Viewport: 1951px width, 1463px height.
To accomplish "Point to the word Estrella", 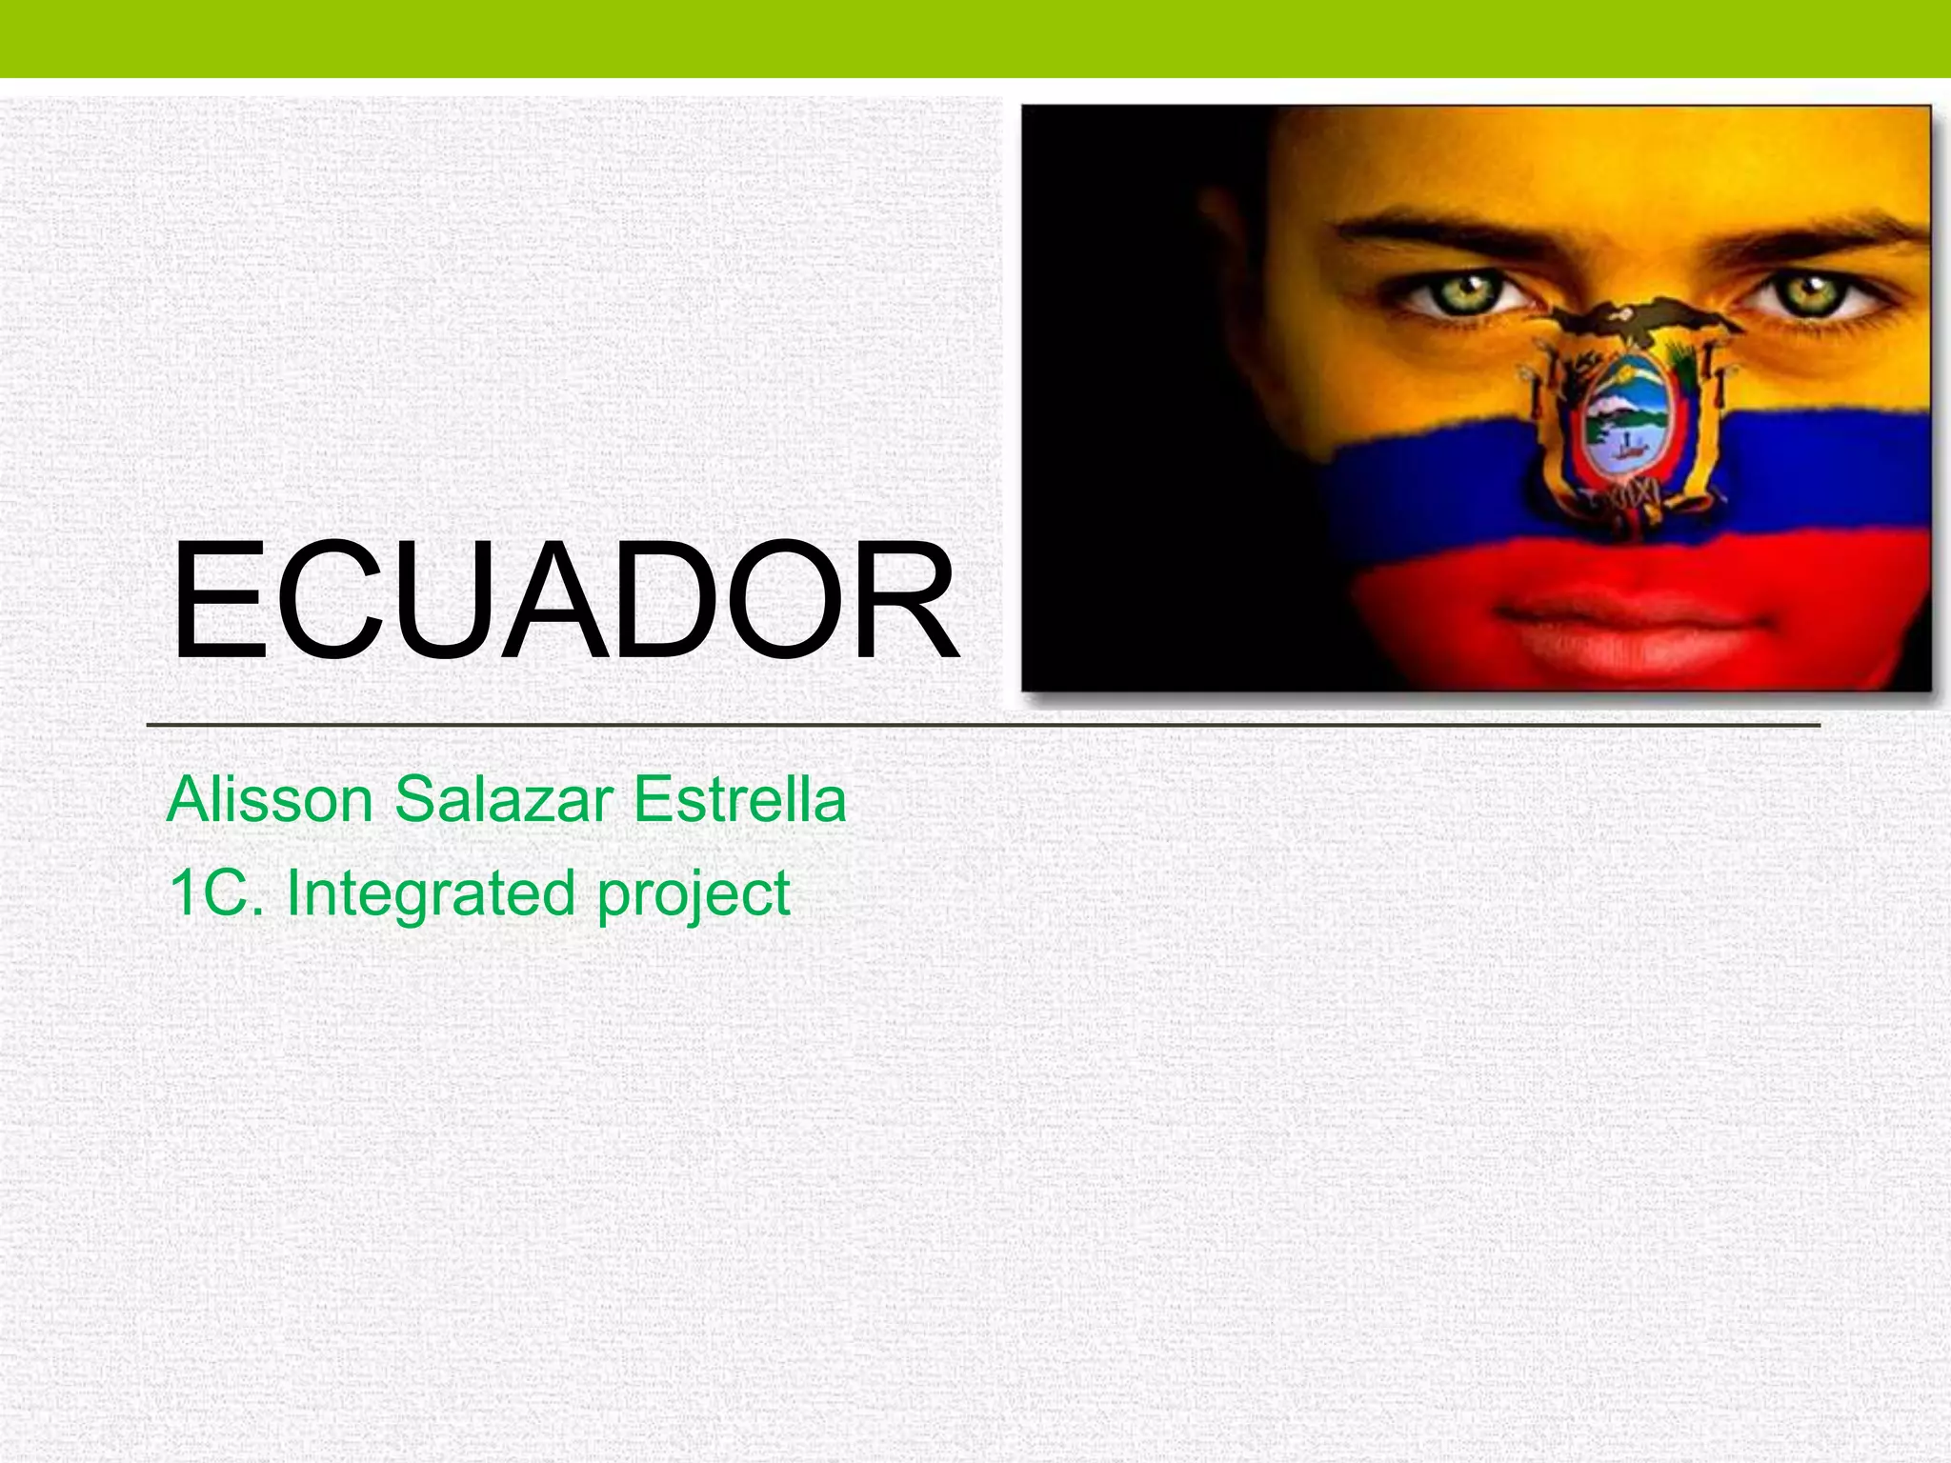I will click(739, 800).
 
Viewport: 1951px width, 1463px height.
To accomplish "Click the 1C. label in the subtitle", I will click(214, 893).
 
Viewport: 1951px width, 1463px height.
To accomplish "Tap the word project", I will click(694, 895).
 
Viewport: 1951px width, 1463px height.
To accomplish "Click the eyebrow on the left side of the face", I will click(1429, 229).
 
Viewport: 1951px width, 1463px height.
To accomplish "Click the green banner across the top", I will click(975, 38).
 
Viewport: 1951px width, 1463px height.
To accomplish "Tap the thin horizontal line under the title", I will click(981, 726).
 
